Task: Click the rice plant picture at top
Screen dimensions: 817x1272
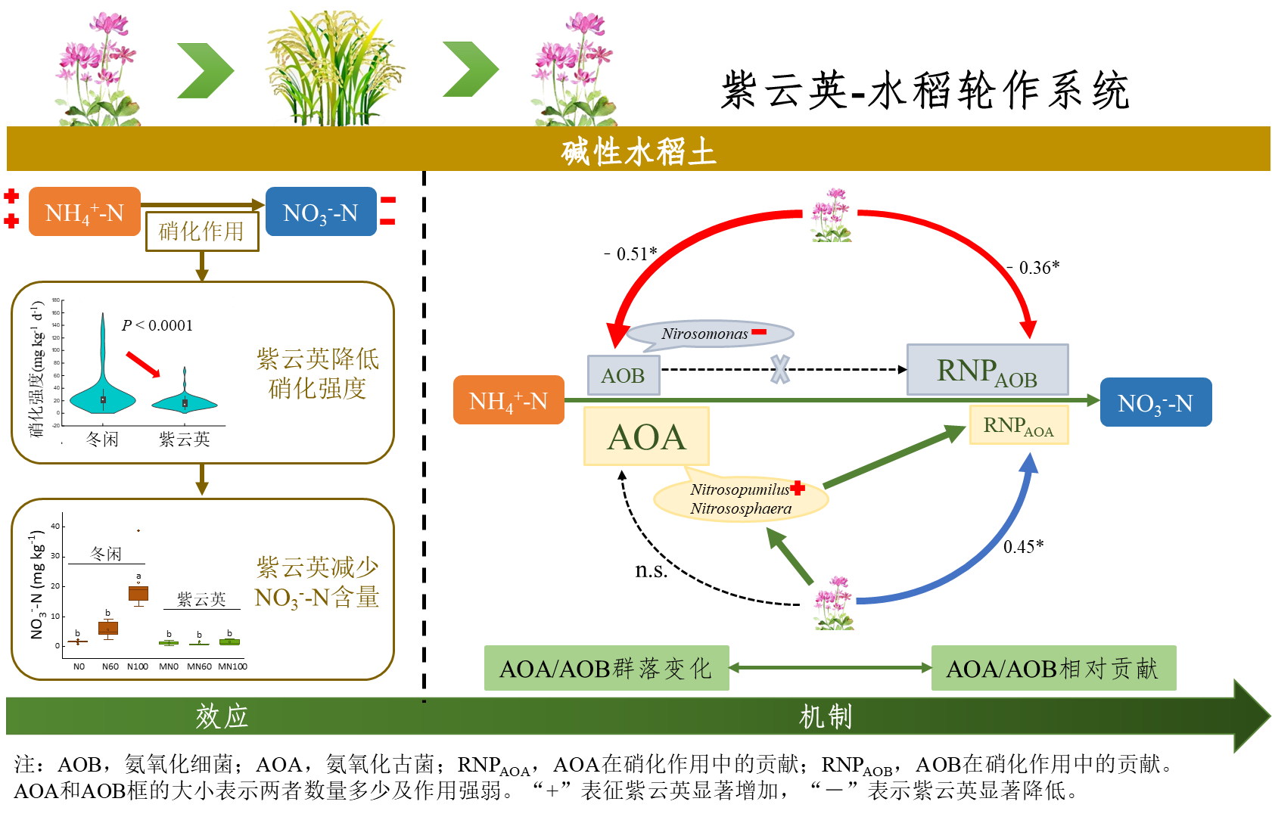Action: [334, 68]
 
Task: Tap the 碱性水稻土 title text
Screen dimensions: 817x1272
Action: [638, 152]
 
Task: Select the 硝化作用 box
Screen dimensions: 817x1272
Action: [202, 231]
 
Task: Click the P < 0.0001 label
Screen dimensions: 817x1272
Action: [167, 327]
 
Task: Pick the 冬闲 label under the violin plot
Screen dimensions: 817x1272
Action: [102, 440]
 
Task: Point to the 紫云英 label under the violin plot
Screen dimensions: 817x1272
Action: [184, 440]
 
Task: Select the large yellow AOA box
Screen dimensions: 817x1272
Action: [646, 436]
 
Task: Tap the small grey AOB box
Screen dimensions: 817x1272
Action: [624, 375]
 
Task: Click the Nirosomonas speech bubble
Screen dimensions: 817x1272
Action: [710, 334]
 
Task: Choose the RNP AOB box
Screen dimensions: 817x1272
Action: [987, 370]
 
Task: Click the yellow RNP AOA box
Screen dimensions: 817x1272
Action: [1019, 425]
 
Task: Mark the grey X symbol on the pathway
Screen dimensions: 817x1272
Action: [780, 369]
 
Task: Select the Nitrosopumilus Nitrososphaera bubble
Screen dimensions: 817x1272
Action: [741, 500]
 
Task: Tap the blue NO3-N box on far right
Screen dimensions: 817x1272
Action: [1155, 402]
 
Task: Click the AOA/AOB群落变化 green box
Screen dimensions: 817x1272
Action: [606, 668]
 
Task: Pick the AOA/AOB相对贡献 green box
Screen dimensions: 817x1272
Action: [1053, 668]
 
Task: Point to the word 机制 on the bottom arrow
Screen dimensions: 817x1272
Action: [826, 716]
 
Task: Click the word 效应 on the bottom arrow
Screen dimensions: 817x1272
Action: [222, 716]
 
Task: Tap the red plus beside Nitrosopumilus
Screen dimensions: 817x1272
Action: [798, 488]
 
